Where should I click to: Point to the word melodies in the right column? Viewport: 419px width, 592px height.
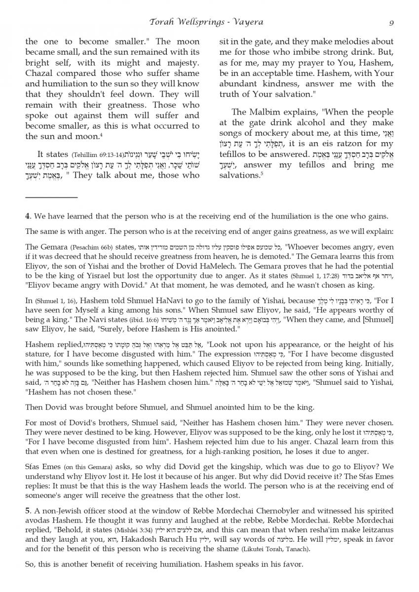point(334,42)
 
